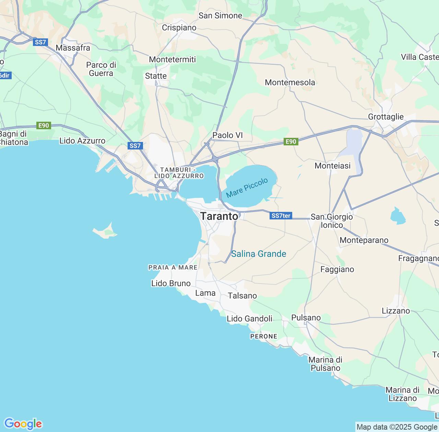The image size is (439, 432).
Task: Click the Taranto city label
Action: click(219, 216)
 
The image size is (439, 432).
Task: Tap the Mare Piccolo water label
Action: click(247, 188)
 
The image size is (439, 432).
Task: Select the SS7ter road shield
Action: click(281, 216)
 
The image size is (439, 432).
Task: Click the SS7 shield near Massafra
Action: click(40, 42)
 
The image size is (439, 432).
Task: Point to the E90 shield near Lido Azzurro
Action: click(44, 125)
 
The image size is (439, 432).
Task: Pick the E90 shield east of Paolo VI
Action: click(291, 142)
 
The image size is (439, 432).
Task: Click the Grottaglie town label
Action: click(385, 117)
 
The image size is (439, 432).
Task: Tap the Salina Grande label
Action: click(259, 254)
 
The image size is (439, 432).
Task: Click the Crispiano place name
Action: click(179, 27)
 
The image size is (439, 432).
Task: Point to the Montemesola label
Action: click(290, 82)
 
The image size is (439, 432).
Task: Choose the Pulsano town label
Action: click(306, 317)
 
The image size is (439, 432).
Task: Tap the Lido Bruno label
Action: click(171, 283)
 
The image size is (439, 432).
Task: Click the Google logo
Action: click(23, 424)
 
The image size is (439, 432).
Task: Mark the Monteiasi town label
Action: click(332, 166)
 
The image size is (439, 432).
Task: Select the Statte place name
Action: click(156, 76)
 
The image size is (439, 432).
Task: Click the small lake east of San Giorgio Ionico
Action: click(398, 216)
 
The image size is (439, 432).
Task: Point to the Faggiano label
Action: click(337, 269)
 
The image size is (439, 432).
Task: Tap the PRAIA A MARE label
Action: click(173, 267)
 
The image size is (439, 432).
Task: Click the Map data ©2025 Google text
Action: click(396, 427)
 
